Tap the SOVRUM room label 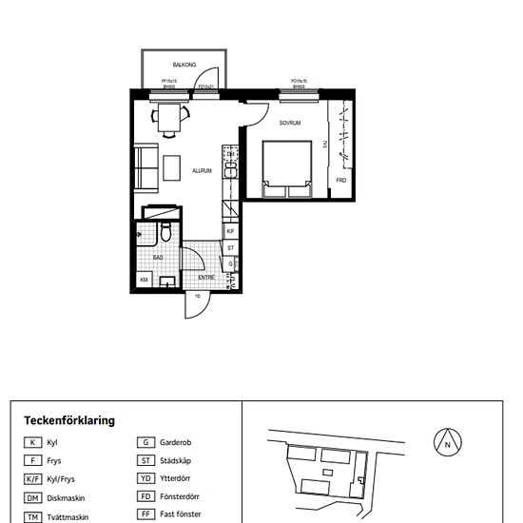tap(290, 124)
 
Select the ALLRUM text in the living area tap(202, 171)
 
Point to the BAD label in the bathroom tap(158, 257)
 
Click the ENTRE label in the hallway tap(206, 278)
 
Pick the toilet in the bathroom tap(166, 232)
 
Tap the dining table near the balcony tap(172, 118)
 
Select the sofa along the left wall tap(145, 167)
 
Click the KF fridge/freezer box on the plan tap(230, 231)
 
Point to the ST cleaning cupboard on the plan tap(230, 248)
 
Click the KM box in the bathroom tap(144, 280)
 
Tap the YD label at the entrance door tap(197, 296)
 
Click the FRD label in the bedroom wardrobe tap(341, 179)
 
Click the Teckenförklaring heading tap(69, 419)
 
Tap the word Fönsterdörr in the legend tap(182, 497)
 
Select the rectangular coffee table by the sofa tap(171, 168)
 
